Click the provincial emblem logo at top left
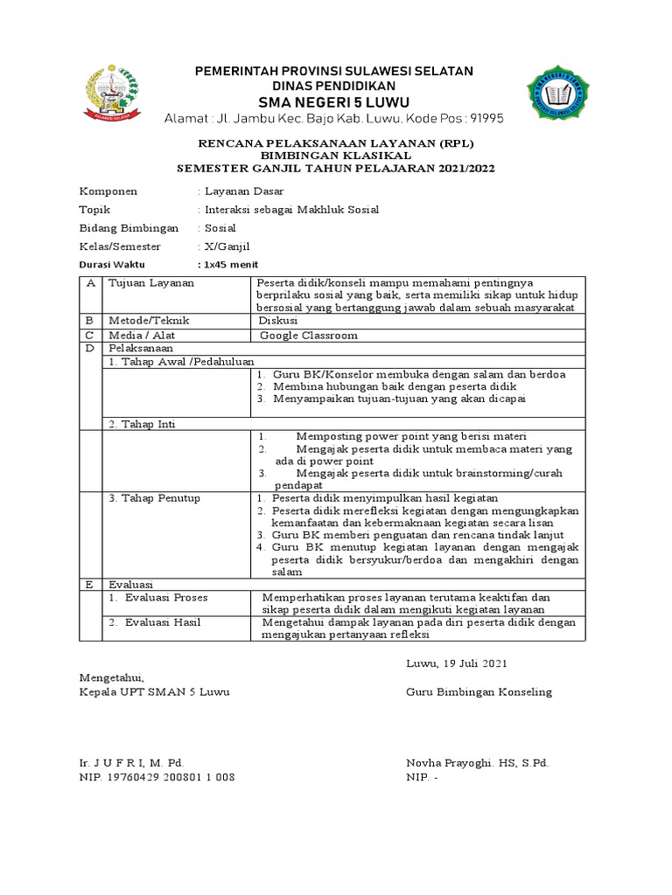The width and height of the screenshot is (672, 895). (110, 92)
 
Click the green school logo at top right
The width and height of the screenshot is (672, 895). (562, 94)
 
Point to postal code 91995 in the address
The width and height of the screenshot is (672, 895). (486, 118)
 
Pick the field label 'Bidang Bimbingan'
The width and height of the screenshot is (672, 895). (129, 228)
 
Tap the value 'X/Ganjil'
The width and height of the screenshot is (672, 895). (225, 246)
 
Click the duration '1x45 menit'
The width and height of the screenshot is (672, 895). (230, 264)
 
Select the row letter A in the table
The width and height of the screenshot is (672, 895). (90, 283)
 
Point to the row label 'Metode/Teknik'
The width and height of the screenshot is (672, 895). (149, 321)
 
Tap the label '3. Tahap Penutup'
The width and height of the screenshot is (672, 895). (154, 498)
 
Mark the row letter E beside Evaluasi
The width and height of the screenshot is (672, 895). (89, 584)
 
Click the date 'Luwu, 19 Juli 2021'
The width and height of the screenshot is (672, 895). (457, 663)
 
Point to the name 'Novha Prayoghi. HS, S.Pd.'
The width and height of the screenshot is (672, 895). (477, 763)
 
